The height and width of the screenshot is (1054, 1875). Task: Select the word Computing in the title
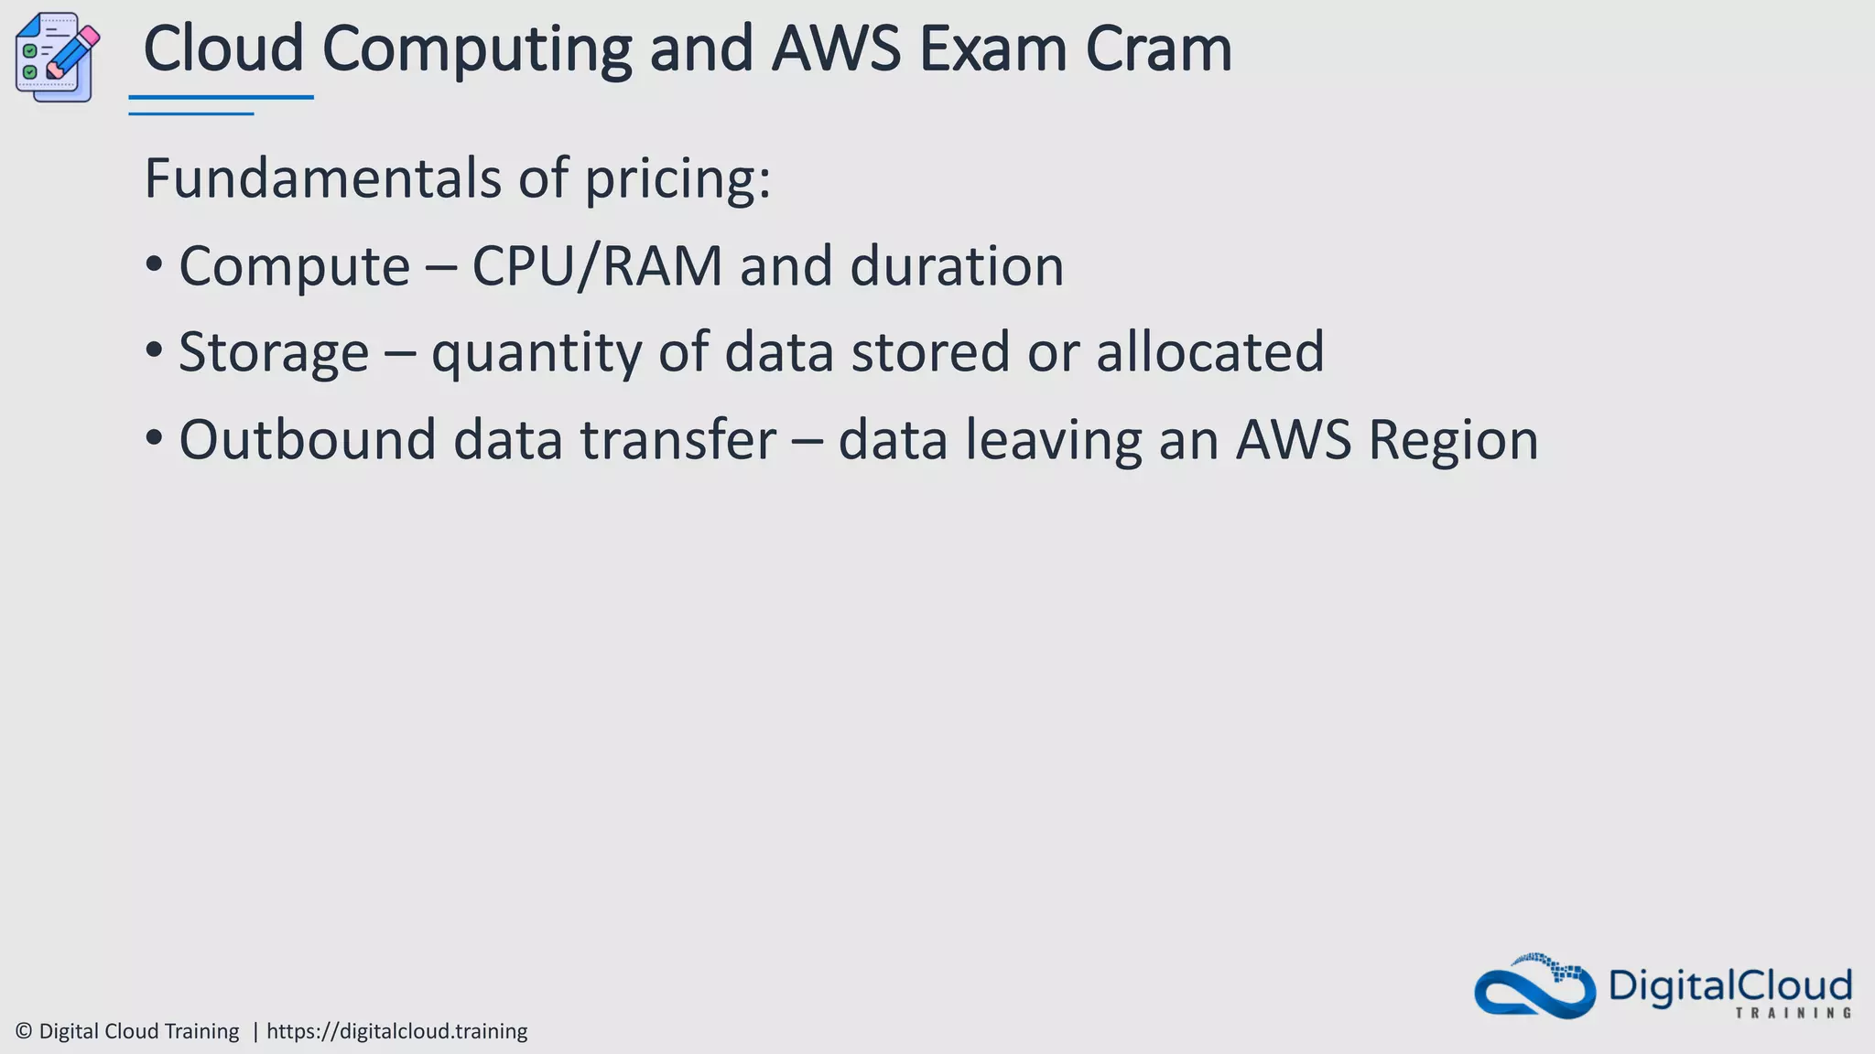pos(476,50)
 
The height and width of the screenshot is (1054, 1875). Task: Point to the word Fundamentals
pos(322,177)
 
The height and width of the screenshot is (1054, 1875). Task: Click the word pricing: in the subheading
pos(677,179)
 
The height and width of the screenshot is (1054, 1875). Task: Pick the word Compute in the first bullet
pos(294,267)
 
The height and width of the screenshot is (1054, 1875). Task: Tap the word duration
pos(957,266)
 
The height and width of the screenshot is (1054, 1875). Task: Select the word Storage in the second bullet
pos(274,352)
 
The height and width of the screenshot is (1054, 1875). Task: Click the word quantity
pos(536,353)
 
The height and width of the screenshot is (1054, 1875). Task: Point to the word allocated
pos(1209,351)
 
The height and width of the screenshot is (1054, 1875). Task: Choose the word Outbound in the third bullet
pos(307,439)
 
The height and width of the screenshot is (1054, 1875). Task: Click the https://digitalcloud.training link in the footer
pos(396,1031)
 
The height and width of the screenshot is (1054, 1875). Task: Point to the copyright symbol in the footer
pos(24,1031)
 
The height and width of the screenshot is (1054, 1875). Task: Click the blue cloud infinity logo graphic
pos(1534,986)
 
